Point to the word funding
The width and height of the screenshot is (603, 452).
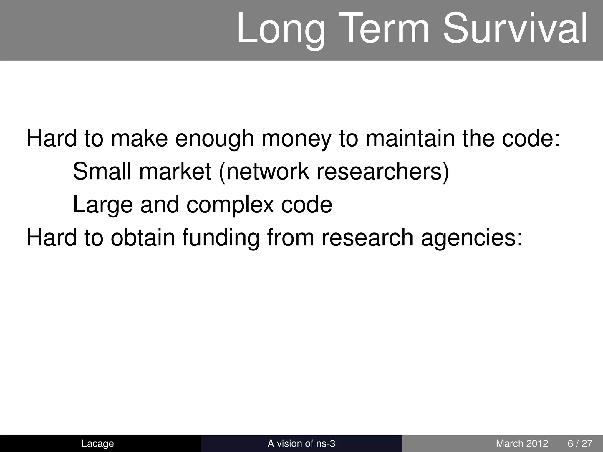click(x=221, y=238)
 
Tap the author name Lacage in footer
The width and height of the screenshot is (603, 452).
click(x=97, y=443)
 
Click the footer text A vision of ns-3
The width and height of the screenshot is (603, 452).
click(x=301, y=443)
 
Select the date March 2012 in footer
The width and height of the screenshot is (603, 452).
click(x=522, y=443)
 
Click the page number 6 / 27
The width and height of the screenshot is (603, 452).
click(x=580, y=443)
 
